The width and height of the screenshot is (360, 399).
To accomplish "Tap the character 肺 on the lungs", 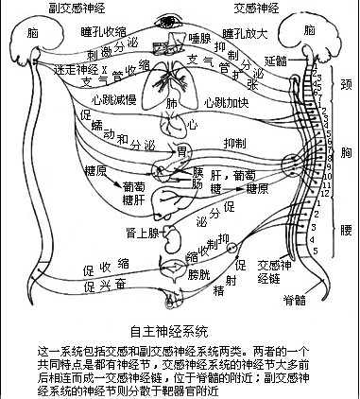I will click(x=171, y=101).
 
